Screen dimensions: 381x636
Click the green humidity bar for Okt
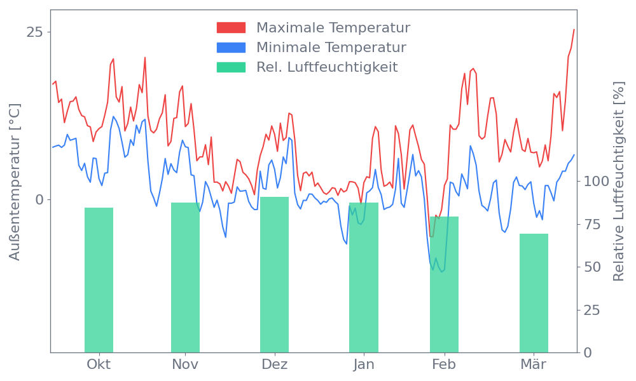pos(99,279)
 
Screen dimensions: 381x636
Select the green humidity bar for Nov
pos(185,277)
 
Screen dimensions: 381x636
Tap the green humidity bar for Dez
pos(274,274)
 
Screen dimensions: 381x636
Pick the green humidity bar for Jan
pos(364,277)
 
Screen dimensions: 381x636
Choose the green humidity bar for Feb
pos(444,284)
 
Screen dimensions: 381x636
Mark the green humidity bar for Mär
pos(534,293)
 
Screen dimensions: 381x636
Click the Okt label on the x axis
pos(99,364)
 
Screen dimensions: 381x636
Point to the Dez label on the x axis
pos(274,364)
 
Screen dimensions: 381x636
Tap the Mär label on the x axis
pos(534,364)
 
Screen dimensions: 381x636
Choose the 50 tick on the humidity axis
pos(592,267)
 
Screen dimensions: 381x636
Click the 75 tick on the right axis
pos(592,224)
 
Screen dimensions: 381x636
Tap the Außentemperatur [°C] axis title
pos(15,182)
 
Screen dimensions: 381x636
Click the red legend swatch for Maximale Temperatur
pos(231,28)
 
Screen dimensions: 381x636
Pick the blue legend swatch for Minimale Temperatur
pos(231,48)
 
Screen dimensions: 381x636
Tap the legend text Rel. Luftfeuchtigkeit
pos(327,67)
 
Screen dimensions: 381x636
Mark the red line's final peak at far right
pos(574,29)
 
